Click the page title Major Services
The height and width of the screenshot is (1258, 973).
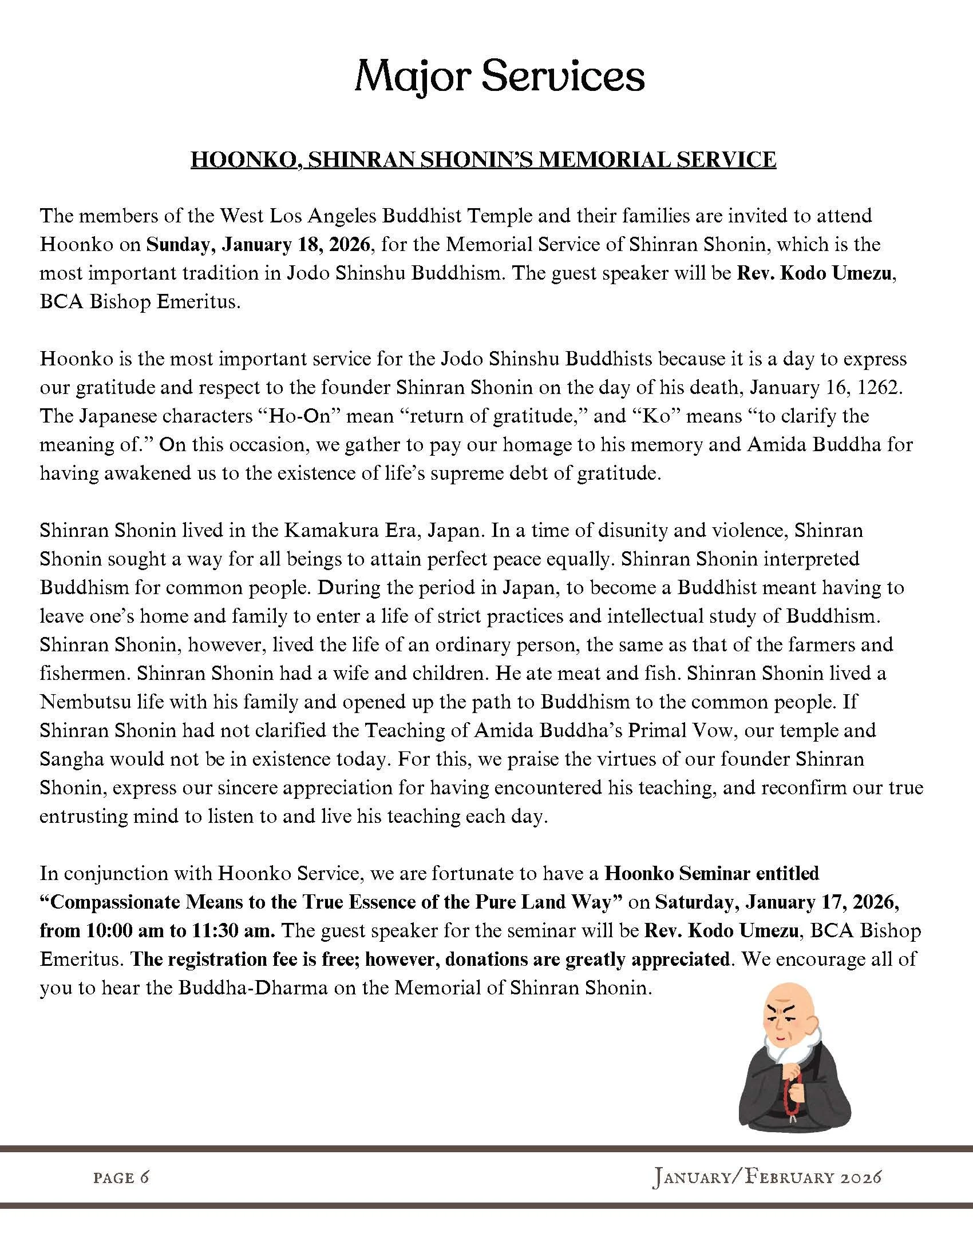tap(499, 77)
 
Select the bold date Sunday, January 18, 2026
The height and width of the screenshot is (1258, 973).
tap(258, 245)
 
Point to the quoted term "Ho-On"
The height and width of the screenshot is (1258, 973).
tap(300, 416)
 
